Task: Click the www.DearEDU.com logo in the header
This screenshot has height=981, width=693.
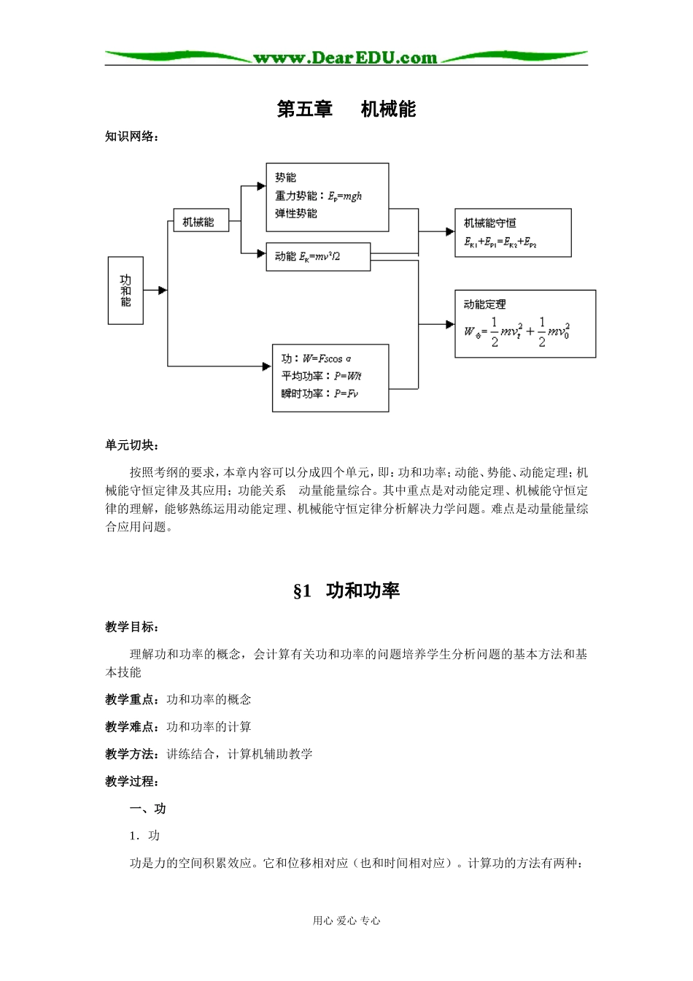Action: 345,58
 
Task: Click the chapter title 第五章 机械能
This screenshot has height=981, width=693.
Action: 346,109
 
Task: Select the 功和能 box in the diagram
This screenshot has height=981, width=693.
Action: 125,291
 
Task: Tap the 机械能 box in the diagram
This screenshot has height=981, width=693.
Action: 201,222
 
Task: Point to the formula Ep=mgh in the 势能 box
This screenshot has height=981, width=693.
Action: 345,196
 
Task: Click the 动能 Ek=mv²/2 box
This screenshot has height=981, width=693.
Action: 317,256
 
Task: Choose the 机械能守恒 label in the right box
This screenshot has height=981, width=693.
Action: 489,223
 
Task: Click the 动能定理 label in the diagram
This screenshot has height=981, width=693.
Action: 484,304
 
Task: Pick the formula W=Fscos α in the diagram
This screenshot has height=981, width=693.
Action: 327,358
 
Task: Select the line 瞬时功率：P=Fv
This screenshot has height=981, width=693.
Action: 319,393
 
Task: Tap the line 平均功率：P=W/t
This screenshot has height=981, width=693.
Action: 321,376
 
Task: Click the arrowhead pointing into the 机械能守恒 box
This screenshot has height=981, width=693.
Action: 449,231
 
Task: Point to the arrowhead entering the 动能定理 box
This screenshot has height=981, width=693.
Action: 449,324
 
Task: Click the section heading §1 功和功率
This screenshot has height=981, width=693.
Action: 346,591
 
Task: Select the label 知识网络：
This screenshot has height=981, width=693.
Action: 131,136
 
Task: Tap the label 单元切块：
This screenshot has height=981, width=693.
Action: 131,446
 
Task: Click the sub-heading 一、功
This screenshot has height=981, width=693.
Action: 147,809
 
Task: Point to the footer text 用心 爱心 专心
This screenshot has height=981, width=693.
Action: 346,921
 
